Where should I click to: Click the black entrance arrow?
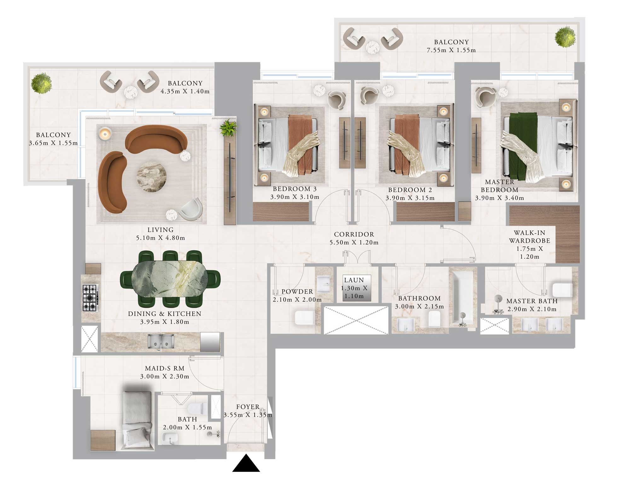tap(246, 464)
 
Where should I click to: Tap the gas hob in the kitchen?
tap(90, 298)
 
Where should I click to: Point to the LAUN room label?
tap(354, 280)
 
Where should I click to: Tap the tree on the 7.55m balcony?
tap(565, 38)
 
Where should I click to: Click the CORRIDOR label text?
tap(354, 235)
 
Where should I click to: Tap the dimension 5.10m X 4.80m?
tap(160, 238)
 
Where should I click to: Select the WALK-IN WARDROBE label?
tap(529, 237)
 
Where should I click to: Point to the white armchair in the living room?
tap(191, 209)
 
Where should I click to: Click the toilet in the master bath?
tap(562, 290)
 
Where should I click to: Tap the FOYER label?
tap(248, 407)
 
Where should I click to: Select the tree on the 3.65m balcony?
tap(41, 83)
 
